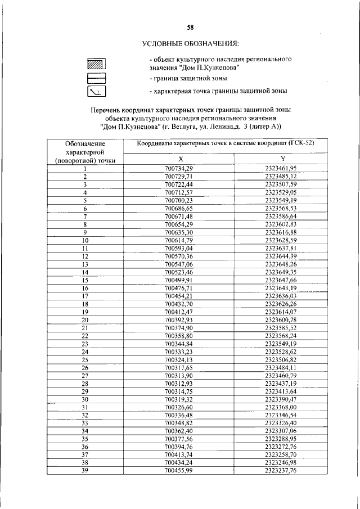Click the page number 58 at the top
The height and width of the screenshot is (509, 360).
[x=191, y=28]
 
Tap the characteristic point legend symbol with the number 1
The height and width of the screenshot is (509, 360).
[x=97, y=91]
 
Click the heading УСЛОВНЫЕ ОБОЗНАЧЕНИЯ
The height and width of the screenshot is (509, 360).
[x=191, y=43]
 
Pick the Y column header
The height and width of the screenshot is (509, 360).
[x=282, y=159]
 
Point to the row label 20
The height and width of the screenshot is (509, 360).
[x=85, y=319]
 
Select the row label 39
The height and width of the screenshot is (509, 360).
[x=85, y=471]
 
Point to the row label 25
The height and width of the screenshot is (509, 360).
[x=85, y=359]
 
